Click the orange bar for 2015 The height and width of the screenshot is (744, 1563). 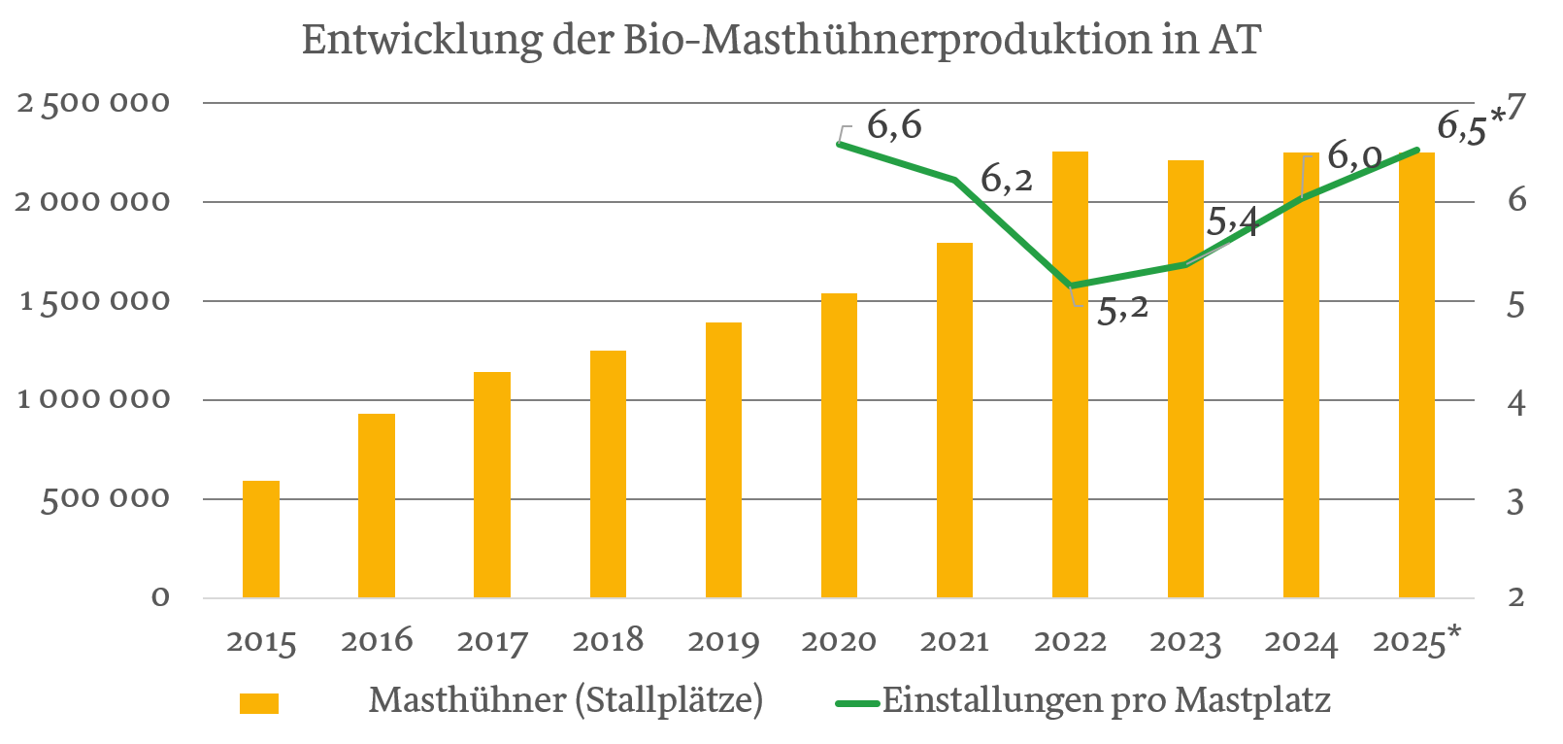260,539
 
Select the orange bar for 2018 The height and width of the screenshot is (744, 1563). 608,474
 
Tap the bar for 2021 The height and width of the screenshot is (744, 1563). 954,420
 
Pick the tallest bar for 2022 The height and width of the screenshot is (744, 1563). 1070,374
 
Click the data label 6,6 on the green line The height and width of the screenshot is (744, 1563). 893,125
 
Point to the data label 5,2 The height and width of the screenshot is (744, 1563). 1122,309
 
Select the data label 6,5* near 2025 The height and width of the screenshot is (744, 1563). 1469,126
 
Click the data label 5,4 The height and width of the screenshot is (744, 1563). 1231,221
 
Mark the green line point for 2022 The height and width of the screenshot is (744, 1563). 1071,287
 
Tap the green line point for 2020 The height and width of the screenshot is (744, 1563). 840,144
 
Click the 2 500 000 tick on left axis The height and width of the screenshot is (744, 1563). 92,102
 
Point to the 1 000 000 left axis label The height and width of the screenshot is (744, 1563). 92,399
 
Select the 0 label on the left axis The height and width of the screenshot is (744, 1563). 160,597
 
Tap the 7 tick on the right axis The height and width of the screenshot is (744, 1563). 1516,104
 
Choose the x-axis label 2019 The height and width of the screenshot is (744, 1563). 723,642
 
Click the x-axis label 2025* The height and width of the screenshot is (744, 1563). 1416,642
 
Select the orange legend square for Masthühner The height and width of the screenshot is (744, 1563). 259,703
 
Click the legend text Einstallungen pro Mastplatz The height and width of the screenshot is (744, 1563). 1106,700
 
